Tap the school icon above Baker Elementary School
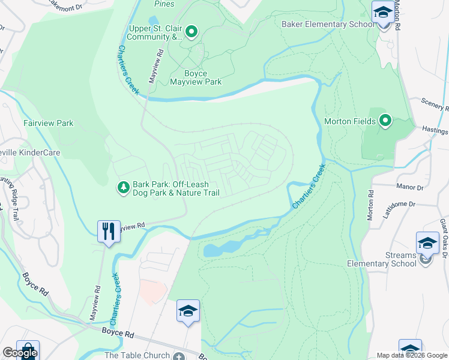point(382,13)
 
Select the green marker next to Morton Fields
point(385,121)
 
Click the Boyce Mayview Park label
point(196,78)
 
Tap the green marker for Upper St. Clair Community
point(191,31)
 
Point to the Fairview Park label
point(48,123)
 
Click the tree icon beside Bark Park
point(123,188)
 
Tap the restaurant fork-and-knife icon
point(108,231)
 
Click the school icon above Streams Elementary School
point(427,243)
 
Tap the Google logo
point(19,353)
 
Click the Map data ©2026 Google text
point(411,355)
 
